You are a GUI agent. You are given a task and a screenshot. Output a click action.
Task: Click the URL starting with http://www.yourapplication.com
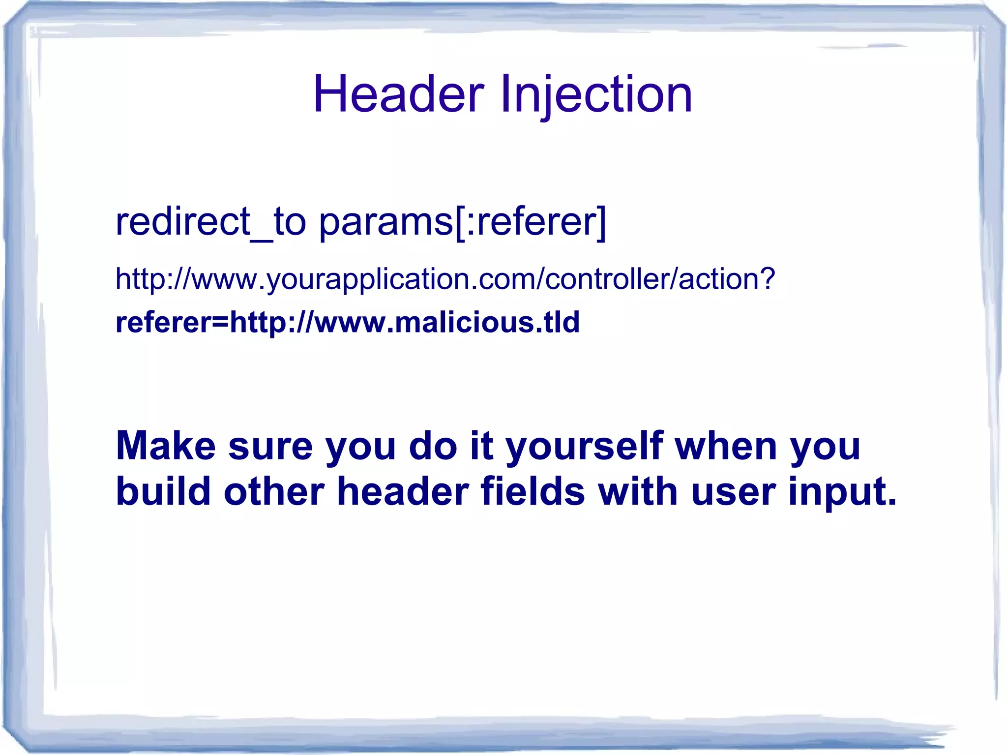[x=445, y=279]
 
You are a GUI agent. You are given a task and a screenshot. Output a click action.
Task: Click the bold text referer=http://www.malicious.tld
[x=348, y=322]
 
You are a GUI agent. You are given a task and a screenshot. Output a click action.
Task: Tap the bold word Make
[x=166, y=446]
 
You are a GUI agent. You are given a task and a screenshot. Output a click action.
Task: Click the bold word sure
[x=270, y=446]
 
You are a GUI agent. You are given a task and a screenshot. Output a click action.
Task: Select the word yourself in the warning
[x=584, y=446]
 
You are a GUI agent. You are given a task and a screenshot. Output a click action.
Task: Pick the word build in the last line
[x=163, y=491]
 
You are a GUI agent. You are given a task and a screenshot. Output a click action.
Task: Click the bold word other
[x=273, y=491]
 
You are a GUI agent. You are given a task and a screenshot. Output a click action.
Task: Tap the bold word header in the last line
[x=403, y=491]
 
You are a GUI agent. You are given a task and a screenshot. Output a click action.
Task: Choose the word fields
[x=532, y=491]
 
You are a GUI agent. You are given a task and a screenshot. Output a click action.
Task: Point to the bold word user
[x=733, y=491]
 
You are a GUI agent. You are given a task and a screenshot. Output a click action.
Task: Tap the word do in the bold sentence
[x=433, y=446]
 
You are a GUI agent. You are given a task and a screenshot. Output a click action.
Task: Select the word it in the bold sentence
[x=481, y=446]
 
